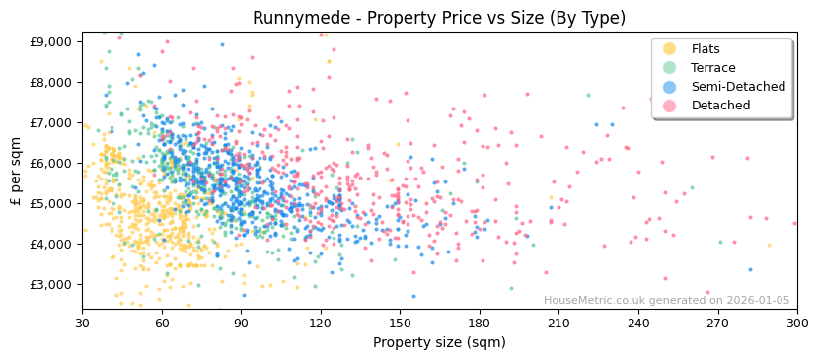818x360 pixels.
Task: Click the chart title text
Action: coord(439,18)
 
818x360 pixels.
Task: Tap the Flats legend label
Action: coord(706,49)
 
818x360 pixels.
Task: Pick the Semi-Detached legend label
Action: coord(738,87)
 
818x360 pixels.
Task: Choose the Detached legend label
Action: coord(720,106)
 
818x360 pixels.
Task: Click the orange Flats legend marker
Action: coord(669,49)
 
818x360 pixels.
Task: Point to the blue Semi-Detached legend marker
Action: coord(669,87)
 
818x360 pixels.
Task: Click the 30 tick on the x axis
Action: coord(82,323)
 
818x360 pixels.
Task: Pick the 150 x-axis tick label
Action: coord(400,323)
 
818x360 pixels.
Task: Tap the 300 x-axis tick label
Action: coord(797,323)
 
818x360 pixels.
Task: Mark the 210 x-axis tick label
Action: coord(558,323)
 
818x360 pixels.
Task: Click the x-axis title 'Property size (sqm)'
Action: coord(439,343)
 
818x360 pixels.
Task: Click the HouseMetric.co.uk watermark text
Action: coord(666,301)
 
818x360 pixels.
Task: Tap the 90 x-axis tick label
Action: coord(241,323)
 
